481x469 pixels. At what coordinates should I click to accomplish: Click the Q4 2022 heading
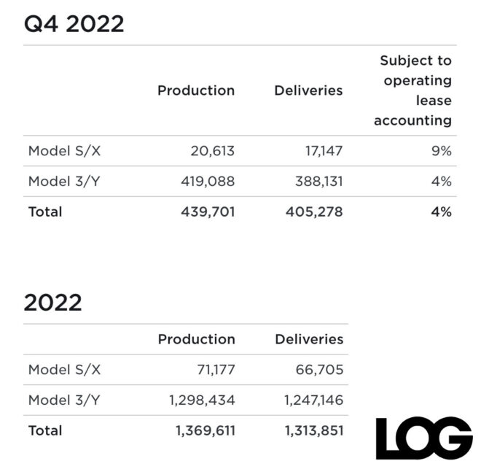(74, 23)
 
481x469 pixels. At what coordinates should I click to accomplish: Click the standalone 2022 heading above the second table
(52, 302)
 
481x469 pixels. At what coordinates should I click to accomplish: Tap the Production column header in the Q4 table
(196, 90)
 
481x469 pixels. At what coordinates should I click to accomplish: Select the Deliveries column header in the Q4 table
(308, 90)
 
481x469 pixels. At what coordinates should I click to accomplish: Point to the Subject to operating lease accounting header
(413, 90)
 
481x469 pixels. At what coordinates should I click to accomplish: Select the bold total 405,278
(313, 212)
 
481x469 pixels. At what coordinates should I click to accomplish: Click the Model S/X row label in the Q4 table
(64, 151)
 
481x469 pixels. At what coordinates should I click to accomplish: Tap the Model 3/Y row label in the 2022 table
(64, 400)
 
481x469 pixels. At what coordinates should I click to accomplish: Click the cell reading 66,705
(316, 370)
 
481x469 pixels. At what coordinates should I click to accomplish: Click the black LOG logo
(423, 438)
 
